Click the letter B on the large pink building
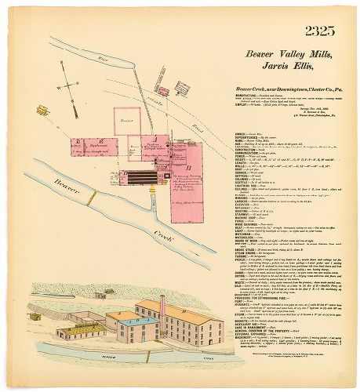tap(189, 167)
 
